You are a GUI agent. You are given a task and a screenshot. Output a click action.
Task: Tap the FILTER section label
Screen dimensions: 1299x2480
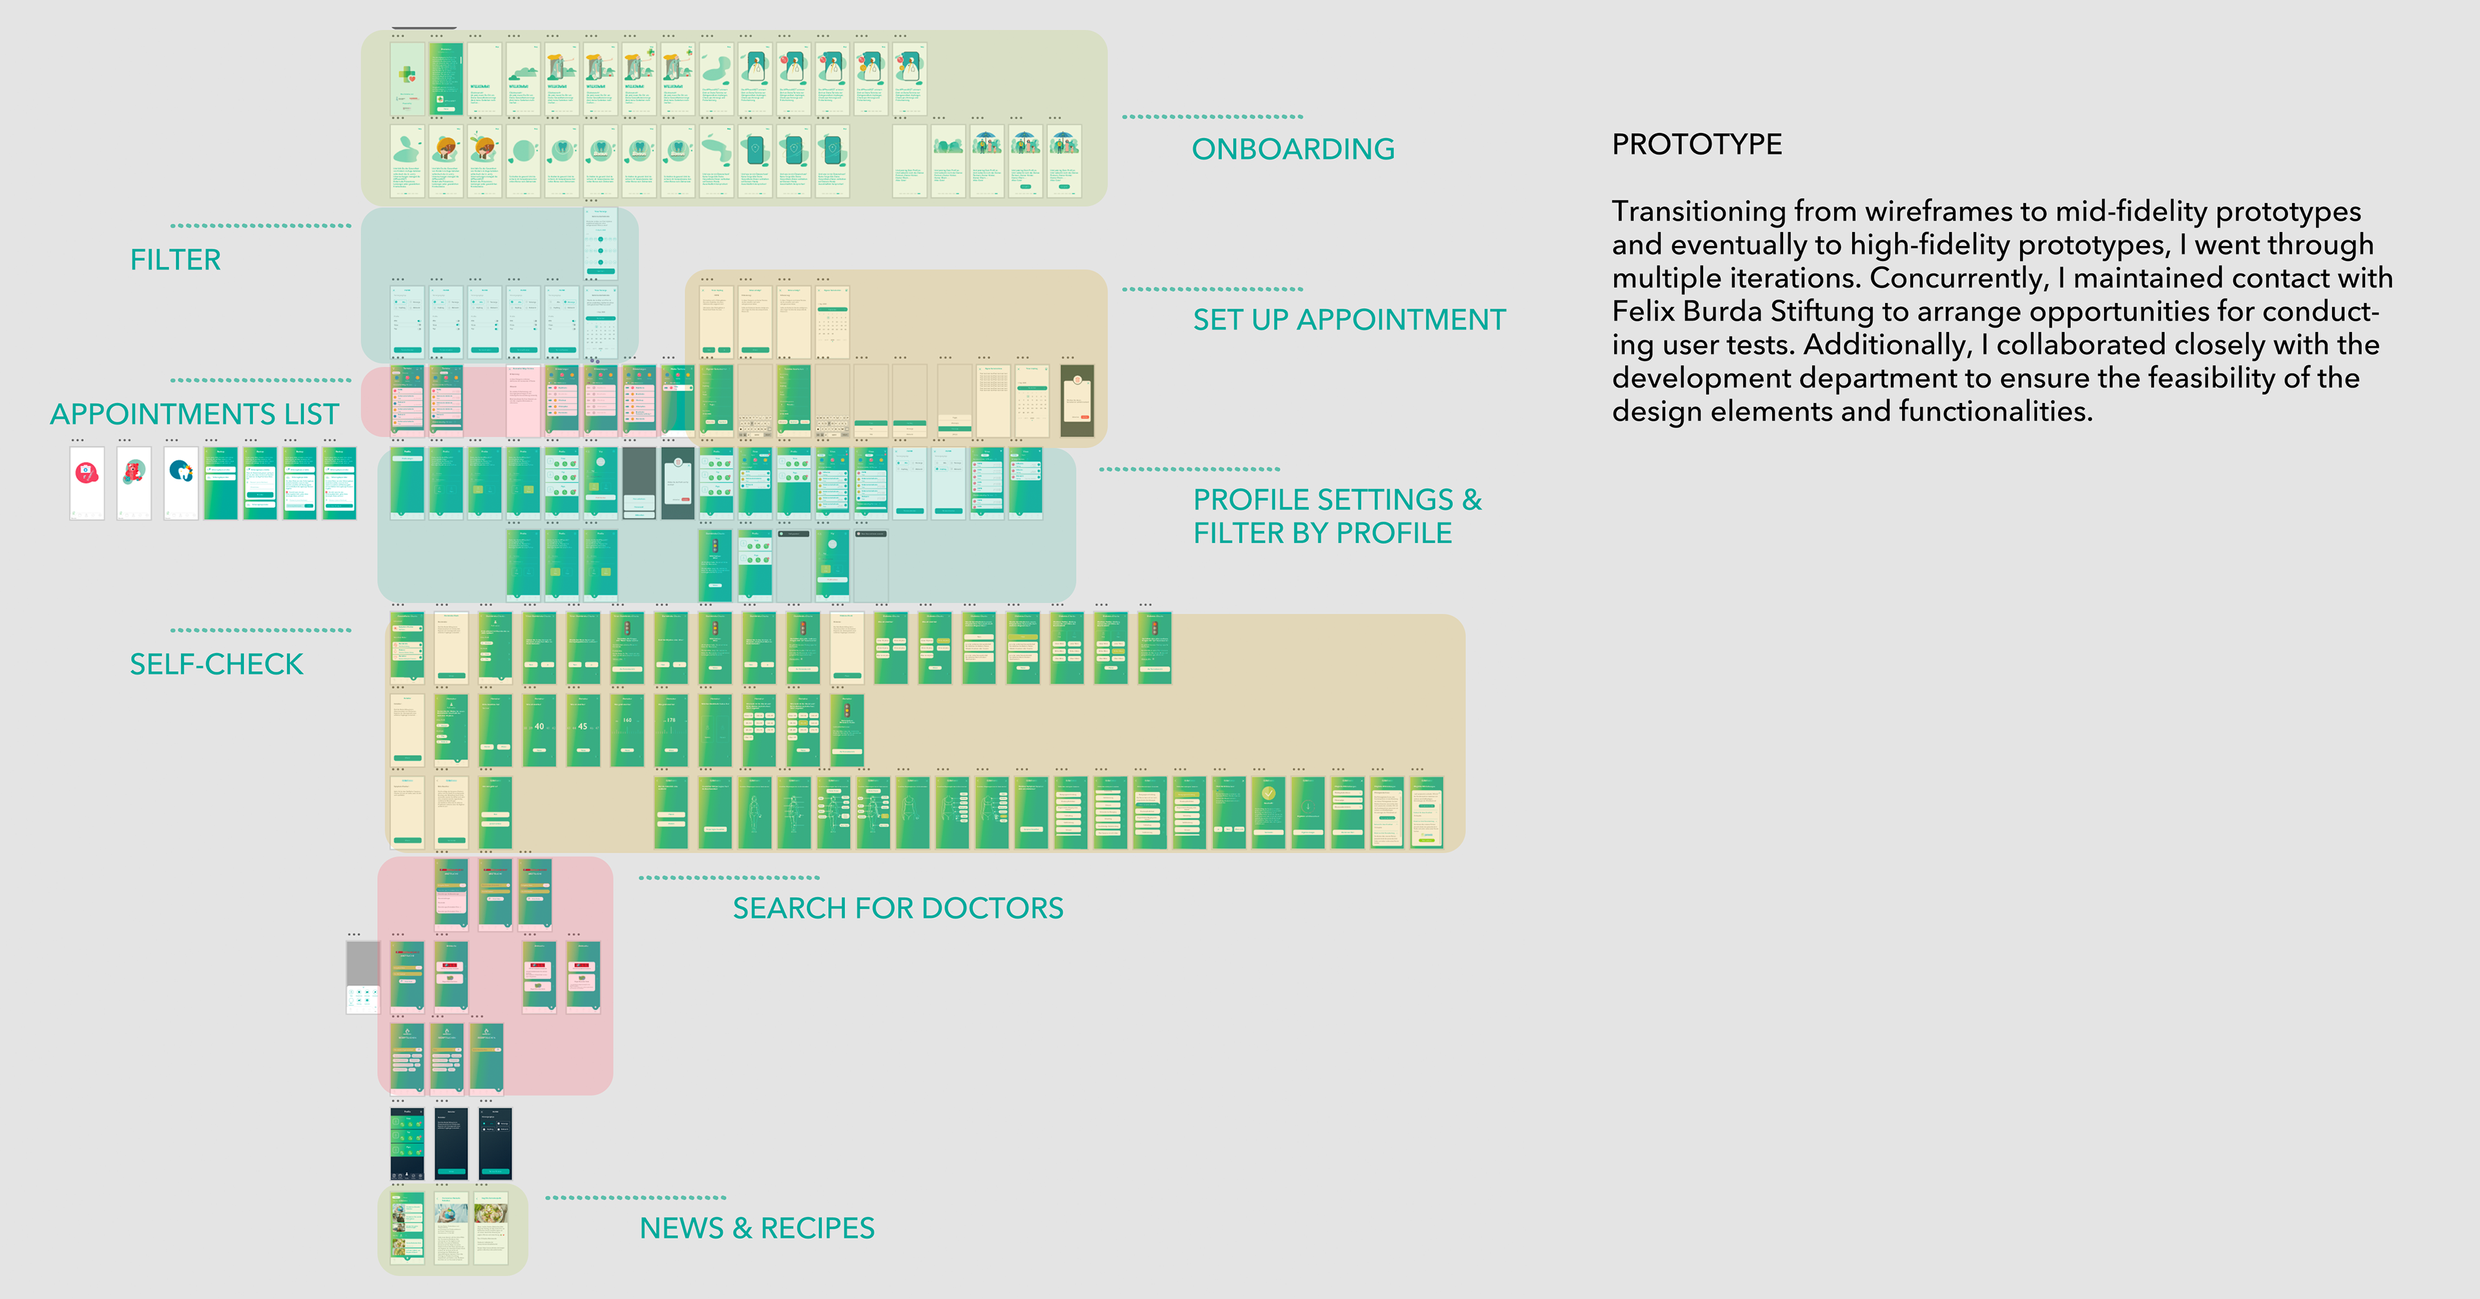coord(175,260)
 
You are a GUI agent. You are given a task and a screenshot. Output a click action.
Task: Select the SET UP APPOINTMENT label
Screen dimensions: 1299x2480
coord(1348,320)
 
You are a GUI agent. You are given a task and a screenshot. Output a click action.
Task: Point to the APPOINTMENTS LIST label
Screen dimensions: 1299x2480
coord(194,414)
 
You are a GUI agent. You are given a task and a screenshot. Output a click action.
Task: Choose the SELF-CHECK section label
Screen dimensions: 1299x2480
coord(216,665)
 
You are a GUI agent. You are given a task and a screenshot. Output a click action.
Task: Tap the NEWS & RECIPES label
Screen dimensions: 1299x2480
coord(757,1228)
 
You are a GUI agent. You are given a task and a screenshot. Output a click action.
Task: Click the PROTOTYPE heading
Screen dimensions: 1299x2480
coord(1697,145)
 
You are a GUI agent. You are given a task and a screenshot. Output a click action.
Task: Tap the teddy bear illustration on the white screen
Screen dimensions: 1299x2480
coord(134,472)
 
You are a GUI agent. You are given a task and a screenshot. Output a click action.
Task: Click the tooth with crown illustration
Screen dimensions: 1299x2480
coord(180,471)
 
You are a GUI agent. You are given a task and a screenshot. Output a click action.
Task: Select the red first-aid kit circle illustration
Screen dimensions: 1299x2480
coord(87,473)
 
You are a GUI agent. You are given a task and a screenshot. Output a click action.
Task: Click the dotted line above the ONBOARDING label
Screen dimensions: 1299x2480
coord(1212,116)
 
